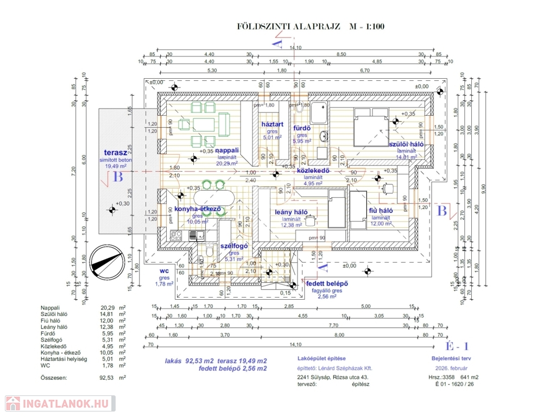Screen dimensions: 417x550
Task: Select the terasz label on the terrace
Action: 115,153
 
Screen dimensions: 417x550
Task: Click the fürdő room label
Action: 302,128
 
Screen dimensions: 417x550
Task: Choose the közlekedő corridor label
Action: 313,170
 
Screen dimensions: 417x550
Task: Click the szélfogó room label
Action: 234,246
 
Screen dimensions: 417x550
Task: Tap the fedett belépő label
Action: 327,284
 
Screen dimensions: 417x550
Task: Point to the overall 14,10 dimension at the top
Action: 296,48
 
